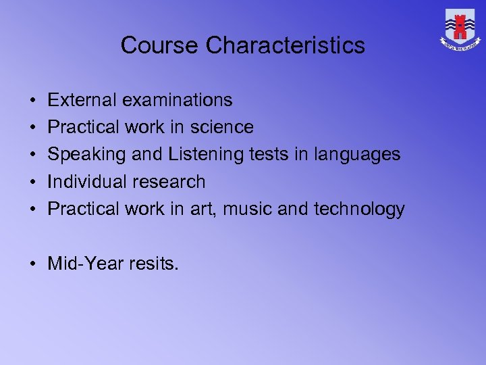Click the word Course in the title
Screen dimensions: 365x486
[x=160, y=45]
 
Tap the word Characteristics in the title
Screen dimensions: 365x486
[x=285, y=45]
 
